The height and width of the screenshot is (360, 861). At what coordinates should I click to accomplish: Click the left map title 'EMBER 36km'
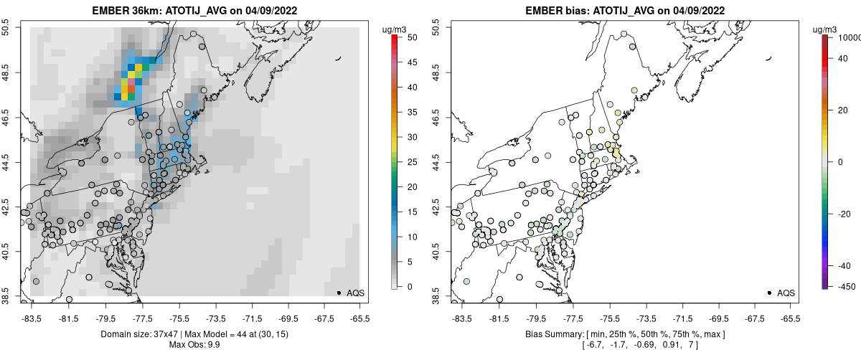(124, 11)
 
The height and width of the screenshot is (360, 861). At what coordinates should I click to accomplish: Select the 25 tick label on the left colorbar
(409, 161)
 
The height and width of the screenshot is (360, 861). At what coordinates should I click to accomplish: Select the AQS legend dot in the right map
(769, 293)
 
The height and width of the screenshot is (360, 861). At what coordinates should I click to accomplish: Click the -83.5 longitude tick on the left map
(32, 317)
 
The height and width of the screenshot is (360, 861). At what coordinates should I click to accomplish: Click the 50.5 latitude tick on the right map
(439, 28)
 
